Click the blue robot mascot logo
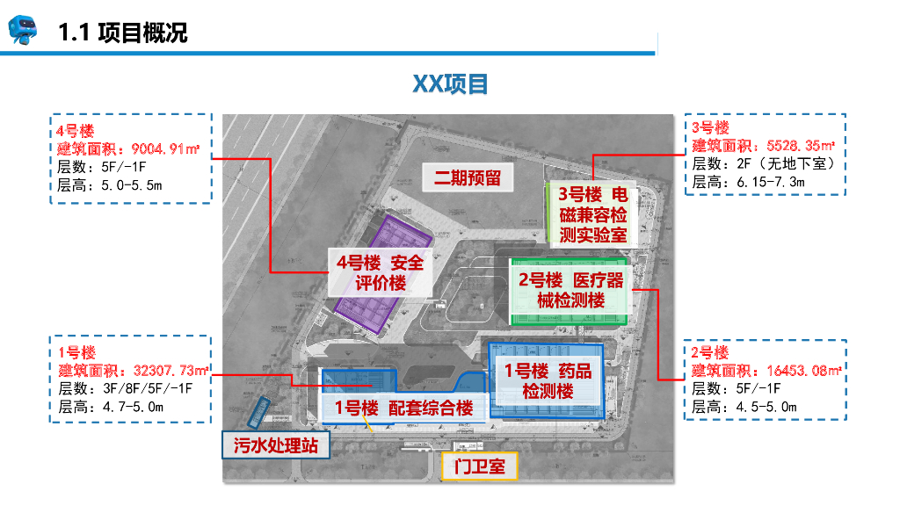[x=24, y=31]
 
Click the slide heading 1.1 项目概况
[x=123, y=33]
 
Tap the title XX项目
[x=450, y=84]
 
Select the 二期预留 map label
[x=467, y=177]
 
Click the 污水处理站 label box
[x=275, y=445]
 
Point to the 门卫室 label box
[x=479, y=466]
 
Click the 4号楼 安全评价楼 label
[x=380, y=272]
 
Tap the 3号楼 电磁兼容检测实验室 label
[x=592, y=214]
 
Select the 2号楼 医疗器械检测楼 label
[x=570, y=290]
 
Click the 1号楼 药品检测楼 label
[x=548, y=380]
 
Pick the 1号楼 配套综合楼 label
[x=403, y=408]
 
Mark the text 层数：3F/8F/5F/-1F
[x=125, y=388]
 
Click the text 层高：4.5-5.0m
[x=744, y=407]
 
